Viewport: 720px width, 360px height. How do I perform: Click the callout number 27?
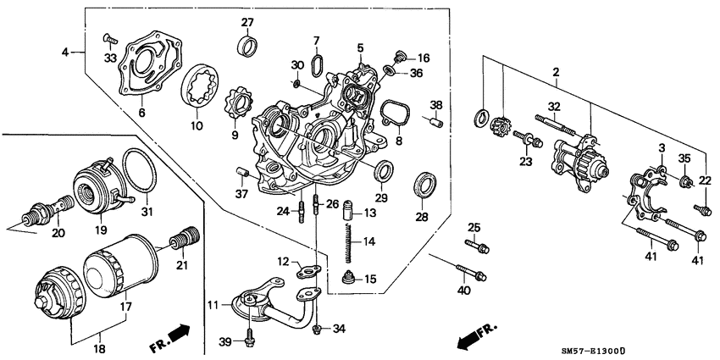coord(246,21)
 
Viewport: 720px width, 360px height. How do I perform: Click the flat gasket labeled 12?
coord(307,272)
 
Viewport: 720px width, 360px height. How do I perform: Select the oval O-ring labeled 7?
coord(316,66)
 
